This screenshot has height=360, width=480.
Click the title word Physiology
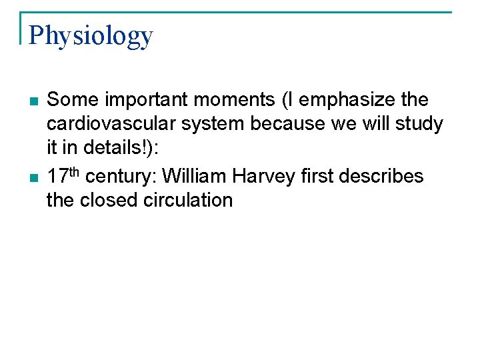tap(91, 36)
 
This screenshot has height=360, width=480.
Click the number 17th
tap(63, 175)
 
